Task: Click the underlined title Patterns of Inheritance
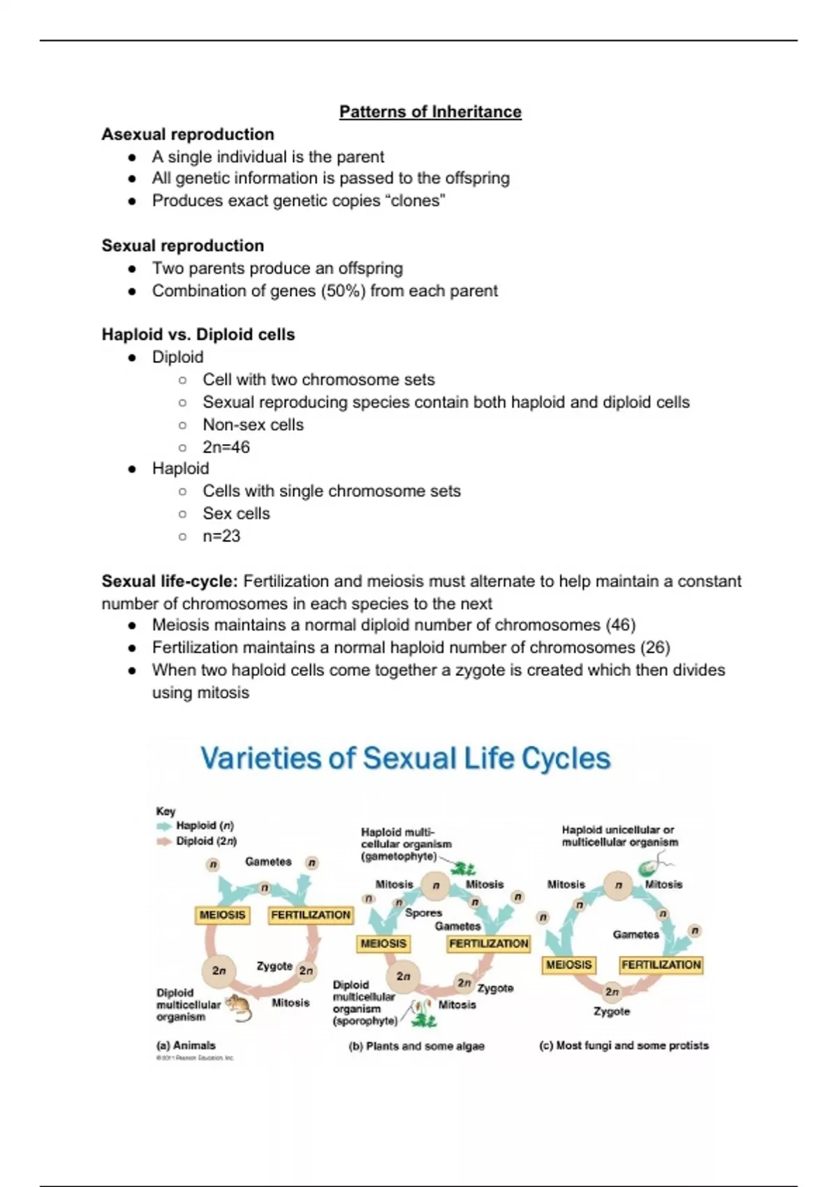[x=430, y=112]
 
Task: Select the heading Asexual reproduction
[x=188, y=134]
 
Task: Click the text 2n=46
[x=226, y=447]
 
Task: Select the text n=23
[x=221, y=536]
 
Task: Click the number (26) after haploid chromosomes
[x=655, y=647]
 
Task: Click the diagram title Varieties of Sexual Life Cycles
[x=405, y=758]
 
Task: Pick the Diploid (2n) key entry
[x=206, y=841]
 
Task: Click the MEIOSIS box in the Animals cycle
[x=223, y=915]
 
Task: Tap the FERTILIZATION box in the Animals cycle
[x=311, y=915]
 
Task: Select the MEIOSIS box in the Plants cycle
[x=383, y=943]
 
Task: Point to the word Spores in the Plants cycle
[x=423, y=913]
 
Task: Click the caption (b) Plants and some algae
[x=416, y=1046]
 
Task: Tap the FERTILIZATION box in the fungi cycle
[x=661, y=965]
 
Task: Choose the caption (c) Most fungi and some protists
[x=624, y=1045]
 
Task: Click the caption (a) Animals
[x=186, y=1045]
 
